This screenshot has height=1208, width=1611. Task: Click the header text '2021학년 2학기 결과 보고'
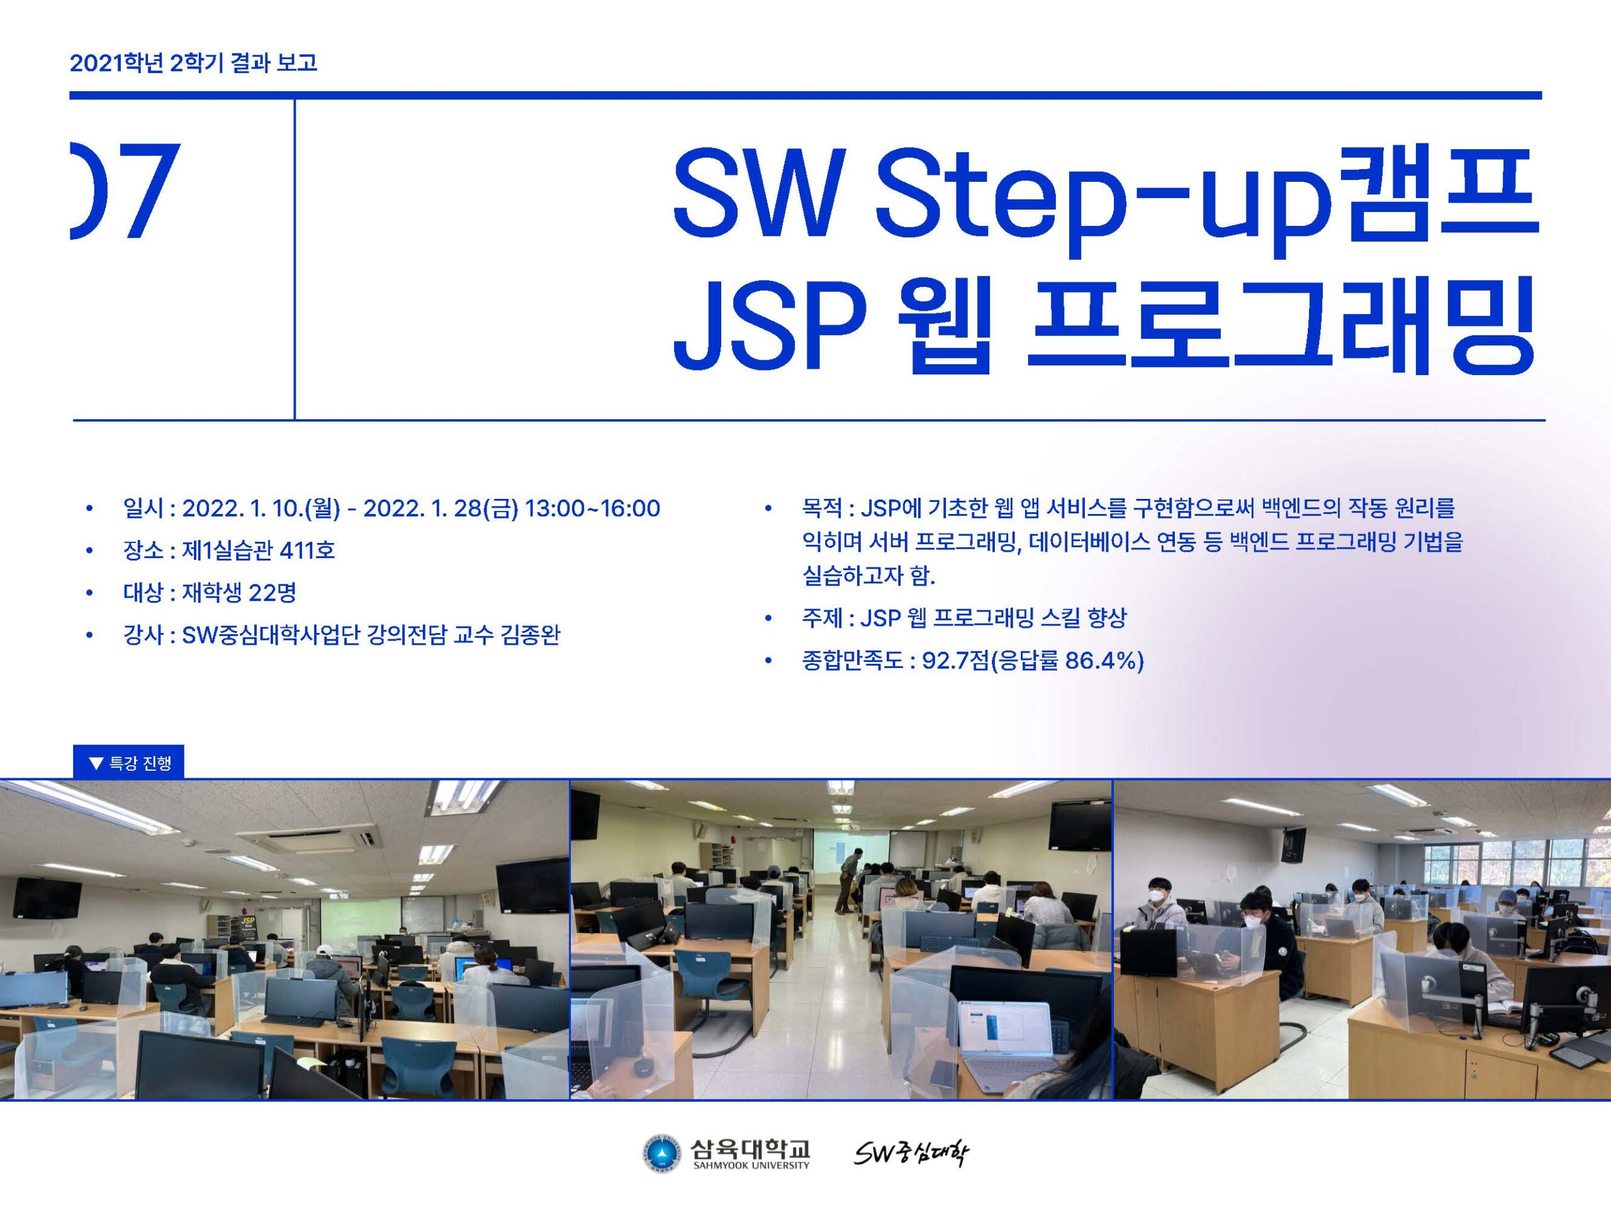click(193, 63)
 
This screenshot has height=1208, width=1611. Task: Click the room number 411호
click(306, 550)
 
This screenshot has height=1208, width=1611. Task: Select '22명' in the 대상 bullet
click(272, 592)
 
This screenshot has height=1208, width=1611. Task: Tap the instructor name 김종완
click(530, 635)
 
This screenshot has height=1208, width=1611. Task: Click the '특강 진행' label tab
click(129, 763)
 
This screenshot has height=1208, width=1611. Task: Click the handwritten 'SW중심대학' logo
click(911, 1153)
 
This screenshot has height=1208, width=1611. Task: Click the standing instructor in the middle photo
click(847, 880)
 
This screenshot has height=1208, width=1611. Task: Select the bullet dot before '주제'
click(768, 619)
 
